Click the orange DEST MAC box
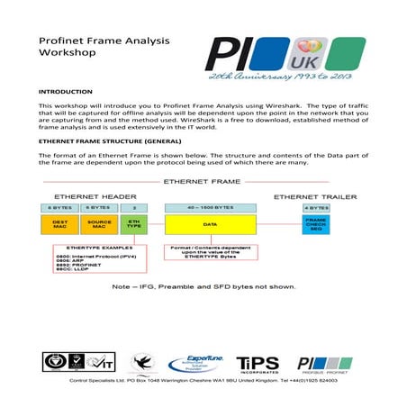(59, 225)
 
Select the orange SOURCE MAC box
(99, 225)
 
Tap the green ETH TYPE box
(133, 225)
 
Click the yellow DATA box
(209, 225)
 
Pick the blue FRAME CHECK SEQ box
(315, 225)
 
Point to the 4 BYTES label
(315, 208)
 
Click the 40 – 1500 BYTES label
(209, 208)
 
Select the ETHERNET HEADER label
(95, 195)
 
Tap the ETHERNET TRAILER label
(315, 195)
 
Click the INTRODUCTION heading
(66, 93)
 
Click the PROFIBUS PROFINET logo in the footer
(323, 364)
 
